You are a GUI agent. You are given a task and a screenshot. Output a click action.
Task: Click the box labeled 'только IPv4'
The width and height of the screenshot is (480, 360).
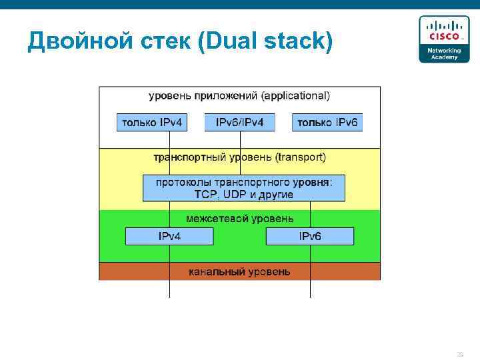point(151,122)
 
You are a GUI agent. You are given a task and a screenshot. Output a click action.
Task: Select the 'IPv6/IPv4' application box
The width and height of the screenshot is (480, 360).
point(239,122)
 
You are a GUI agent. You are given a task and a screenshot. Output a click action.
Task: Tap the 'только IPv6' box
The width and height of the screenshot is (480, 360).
point(327,122)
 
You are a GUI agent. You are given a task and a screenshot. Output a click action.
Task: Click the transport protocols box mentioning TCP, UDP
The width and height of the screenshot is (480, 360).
point(244,188)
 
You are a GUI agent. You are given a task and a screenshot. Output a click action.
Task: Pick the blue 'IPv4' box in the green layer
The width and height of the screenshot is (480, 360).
point(169,236)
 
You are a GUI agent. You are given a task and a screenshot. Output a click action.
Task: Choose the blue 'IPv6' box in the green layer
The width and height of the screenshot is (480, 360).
point(310,236)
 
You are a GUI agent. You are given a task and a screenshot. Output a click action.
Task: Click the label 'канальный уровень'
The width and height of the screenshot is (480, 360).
point(239,272)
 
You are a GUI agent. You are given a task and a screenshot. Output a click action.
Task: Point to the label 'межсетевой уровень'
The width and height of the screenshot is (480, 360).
point(239,218)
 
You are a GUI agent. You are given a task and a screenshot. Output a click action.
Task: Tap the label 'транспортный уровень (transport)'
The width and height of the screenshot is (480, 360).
point(239,158)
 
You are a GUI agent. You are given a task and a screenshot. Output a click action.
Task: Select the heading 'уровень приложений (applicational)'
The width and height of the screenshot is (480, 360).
point(239,96)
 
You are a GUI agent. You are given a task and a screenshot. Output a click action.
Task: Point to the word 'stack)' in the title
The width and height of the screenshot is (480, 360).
point(297,41)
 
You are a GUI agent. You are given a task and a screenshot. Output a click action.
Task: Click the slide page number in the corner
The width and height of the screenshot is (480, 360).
point(459,354)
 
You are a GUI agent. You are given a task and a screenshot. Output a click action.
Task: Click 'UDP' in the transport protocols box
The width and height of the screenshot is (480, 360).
point(235,195)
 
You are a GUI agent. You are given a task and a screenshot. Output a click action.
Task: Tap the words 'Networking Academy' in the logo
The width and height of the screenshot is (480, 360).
point(443,54)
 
